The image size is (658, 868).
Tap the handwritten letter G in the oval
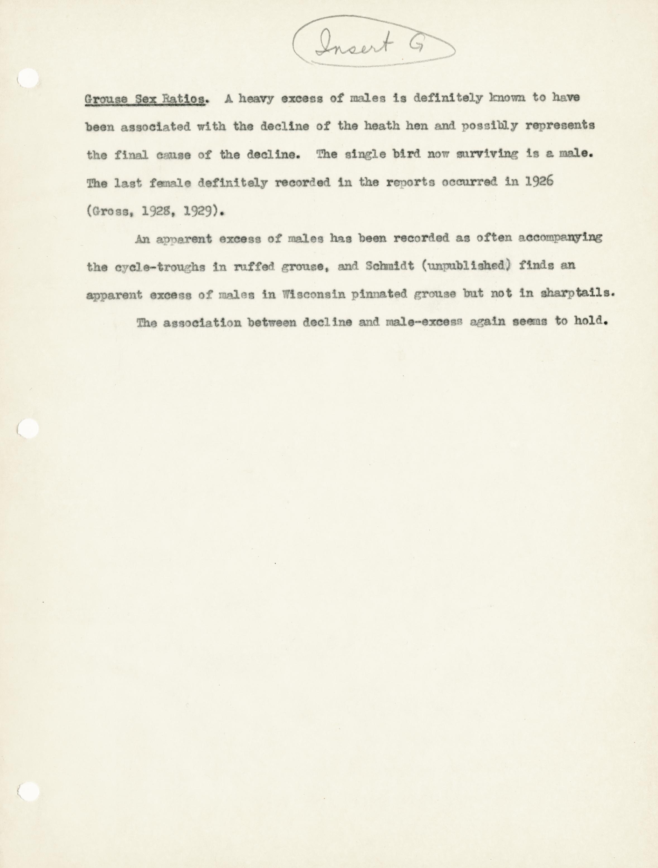pyautogui.click(x=417, y=46)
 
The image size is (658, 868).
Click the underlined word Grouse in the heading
pyautogui.click(x=106, y=99)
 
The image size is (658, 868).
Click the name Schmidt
pyautogui.click(x=390, y=266)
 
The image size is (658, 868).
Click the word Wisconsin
pyautogui.click(x=311, y=294)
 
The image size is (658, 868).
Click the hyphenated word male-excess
pyautogui.click(x=424, y=322)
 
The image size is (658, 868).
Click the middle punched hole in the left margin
pyautogui.click(x=28, y=429)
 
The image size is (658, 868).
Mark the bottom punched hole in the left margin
pyautogui.click(x=28, y=780)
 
